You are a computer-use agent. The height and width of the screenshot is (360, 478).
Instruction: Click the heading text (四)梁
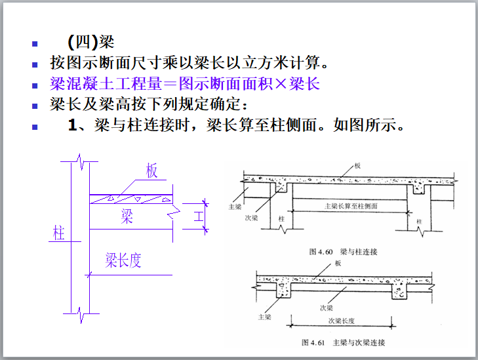pyautogui.click(x=91, y=44)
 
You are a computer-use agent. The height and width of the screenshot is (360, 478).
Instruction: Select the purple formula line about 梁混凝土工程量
pyautogui.click(x=184, y=85)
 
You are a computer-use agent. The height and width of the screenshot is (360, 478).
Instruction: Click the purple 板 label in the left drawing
pyautogui.click(x=152, y=172)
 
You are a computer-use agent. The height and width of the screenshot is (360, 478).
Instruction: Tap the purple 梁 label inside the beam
pyautogui.click(x=127, y=217)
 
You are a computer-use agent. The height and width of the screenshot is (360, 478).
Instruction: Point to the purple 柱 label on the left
pyautogui.click(x=59, y=233)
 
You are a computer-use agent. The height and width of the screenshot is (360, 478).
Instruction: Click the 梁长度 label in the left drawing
pyautogui.click(x=123, y=260)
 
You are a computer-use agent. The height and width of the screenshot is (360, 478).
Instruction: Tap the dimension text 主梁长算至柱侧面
pyautogui.click(x=351, y=206)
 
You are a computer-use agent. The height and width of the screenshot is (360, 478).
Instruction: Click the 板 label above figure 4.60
pyautogui.click(x=357, y=166)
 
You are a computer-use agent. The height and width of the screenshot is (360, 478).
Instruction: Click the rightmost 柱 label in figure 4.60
pyautogui.click(x=419, y=222)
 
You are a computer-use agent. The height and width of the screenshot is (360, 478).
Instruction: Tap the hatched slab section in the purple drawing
pyautogui.click(x=131, y=197)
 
